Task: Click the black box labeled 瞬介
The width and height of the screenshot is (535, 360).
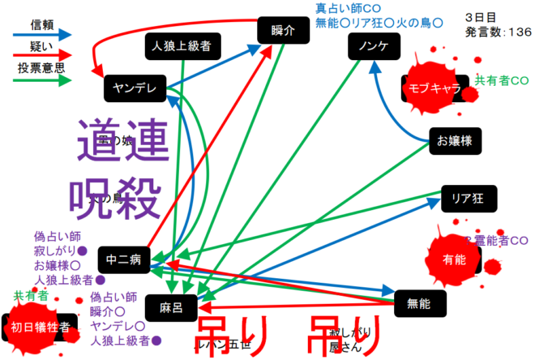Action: [283, 31]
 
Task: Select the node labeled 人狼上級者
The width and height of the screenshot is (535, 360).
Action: [181, 47]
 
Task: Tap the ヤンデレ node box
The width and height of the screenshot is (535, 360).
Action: [134, 88]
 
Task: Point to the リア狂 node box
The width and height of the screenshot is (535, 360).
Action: [468, 196]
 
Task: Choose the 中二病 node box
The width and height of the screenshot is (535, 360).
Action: [124, 259]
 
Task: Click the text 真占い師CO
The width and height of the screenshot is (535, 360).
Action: [348, 7]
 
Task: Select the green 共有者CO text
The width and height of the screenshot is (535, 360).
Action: [501, 80]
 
